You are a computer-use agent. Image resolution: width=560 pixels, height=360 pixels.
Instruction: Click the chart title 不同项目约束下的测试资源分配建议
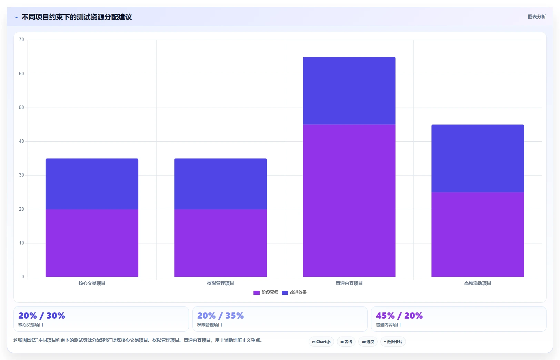click(x=77, y=17)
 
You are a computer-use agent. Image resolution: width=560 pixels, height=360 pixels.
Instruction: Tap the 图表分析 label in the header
click(x=537, y=17)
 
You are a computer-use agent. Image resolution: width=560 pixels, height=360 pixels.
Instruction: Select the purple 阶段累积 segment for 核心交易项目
click(x=92, y=243)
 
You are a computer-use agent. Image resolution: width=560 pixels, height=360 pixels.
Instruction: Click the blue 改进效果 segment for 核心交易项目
click(x=92, y=184)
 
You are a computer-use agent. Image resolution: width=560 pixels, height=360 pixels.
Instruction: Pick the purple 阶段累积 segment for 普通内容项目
click(x=349, y=201)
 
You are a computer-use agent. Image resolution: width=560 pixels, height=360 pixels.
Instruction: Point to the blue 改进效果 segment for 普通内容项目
click(x=349, y=91)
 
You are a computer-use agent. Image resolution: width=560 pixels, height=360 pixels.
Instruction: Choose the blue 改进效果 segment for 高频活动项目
click(x=478, y=158)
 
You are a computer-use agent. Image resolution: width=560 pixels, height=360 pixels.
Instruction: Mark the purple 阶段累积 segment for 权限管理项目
click(x=220, y=243)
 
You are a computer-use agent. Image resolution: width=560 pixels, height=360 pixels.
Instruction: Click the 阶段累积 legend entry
click(x=266, y=292)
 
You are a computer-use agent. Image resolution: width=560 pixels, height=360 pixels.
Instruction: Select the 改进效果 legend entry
click(x=294, y=292)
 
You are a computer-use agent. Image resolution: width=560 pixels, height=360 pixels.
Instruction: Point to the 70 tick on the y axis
click(x=21, y=40)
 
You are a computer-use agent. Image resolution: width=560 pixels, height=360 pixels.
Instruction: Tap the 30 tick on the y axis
click(x=21, y=175)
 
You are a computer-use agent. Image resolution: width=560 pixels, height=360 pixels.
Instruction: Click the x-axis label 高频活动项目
click(x=478, y=283)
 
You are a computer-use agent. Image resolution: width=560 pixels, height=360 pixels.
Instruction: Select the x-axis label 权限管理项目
click(x=220, y=283)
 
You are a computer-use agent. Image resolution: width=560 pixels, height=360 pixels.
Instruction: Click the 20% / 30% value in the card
click(x=41, y=316)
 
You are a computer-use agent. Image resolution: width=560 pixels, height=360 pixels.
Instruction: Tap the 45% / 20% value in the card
click(x=399, y=316)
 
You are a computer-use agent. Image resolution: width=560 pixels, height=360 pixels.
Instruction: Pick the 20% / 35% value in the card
click(x=220, y=316)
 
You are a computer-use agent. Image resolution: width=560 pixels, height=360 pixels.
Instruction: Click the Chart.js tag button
click(x=321, y=342)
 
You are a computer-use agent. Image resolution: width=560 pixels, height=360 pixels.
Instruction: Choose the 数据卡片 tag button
click(x=393, y=342)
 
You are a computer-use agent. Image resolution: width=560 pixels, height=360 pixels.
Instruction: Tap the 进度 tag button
click(x=368, y=342)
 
